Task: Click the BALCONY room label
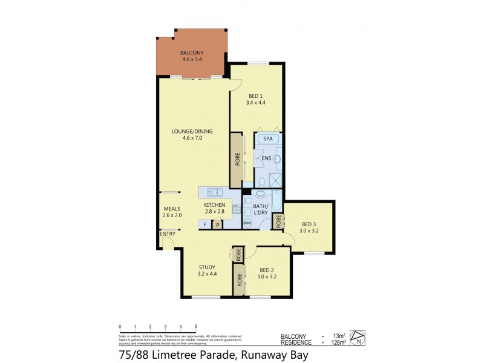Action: pos(192,54)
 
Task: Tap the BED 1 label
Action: pos(256,96)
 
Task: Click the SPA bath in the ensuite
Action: pos(268,139)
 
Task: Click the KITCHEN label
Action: pos(214,205)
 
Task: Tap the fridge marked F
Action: pos(205,224)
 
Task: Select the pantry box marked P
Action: pos(217,225)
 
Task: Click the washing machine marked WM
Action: pos(247,223)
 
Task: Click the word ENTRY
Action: pos(167,234)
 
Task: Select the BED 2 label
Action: pos(267,270)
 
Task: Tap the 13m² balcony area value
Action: pos(339,336)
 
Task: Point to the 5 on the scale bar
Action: pos(195,326)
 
